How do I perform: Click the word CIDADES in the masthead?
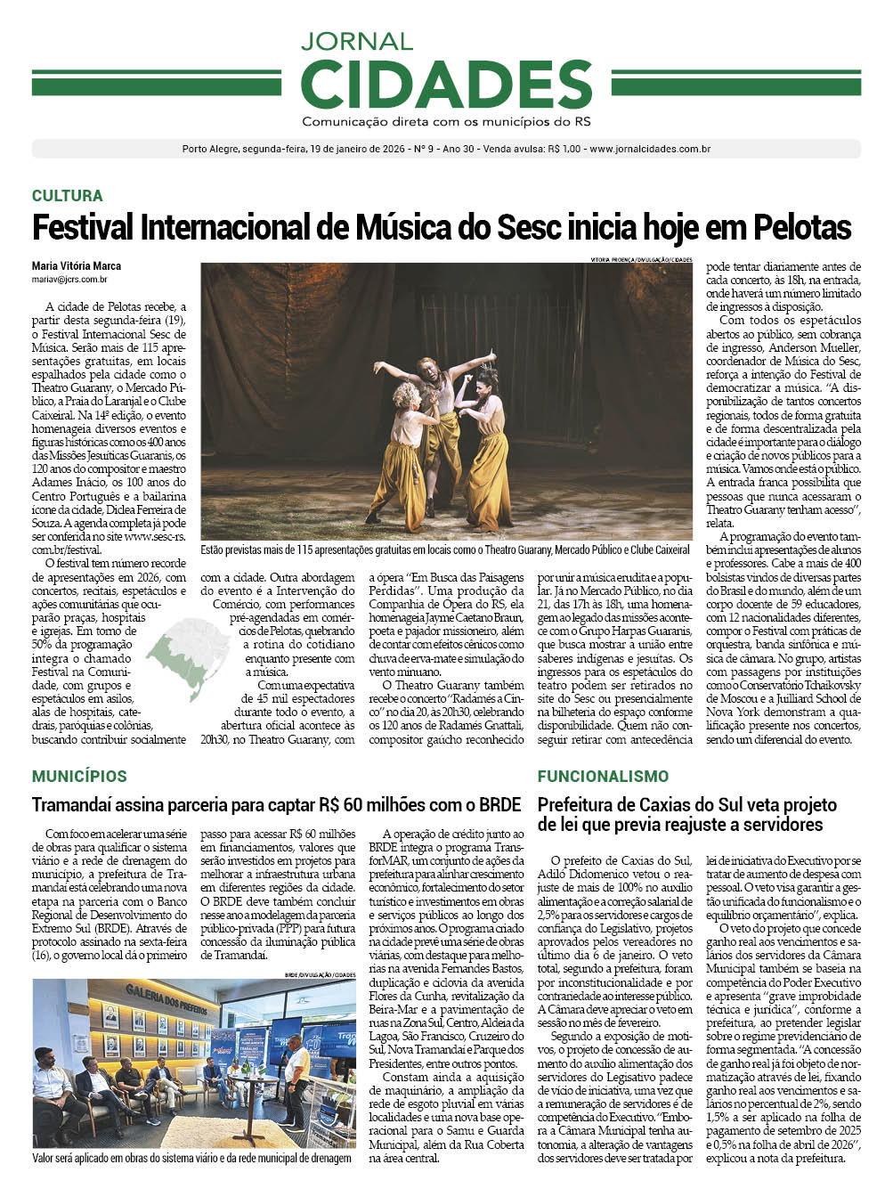pyautogui.click(x=446, y=84)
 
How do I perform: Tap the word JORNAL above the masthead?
pyautogui.click(x=356, y=41)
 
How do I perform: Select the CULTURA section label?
pyautogui.click(x=67, y=195)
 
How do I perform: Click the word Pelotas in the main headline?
pyautogui.click(x=802, y=227)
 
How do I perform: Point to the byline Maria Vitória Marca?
pyautogui.click(x=77, y=265)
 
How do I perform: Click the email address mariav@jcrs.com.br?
pyautogui.click(x=69, y=279)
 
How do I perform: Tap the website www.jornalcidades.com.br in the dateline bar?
pyautogui.click(x=649, y=150)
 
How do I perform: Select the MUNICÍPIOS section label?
pyautogui.click(x=79, y=776)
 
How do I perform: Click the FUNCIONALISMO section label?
pyautogui.click(x=603, y=776)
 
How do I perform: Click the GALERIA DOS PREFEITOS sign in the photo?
pyautogui.click(x=166, y=997)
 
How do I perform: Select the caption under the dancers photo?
pyautogui.click(x=445, y=550)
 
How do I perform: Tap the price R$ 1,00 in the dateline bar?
pyautogui.click(x=564, y=150)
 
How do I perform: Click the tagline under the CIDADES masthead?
pyautogui.click(x=446, y=122)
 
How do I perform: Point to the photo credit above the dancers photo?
pyautogui.click(x=640, y=259)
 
